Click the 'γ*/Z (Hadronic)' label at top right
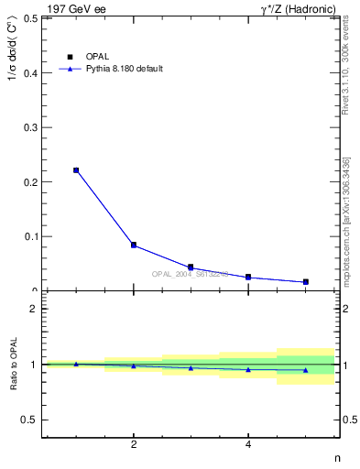tap(298, 9)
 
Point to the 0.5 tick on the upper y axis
tap(30, 17)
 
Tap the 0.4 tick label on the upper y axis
tap(30, 72)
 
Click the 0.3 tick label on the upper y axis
tap(30, 127)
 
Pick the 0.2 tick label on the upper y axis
tap(30, 181)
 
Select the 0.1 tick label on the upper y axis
tap(30, 236)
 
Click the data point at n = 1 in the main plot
tap(76, 170)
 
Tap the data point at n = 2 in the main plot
tap(134, 245)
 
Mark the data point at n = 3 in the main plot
tap(191, 267)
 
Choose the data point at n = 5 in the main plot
tap(305, 282)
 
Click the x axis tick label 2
tap(134, 445)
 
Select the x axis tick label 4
tap(248, 445)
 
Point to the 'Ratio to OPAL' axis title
tap(12, 365)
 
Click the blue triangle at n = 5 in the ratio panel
tap(305, 370)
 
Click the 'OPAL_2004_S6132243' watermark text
tap(191, 274)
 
